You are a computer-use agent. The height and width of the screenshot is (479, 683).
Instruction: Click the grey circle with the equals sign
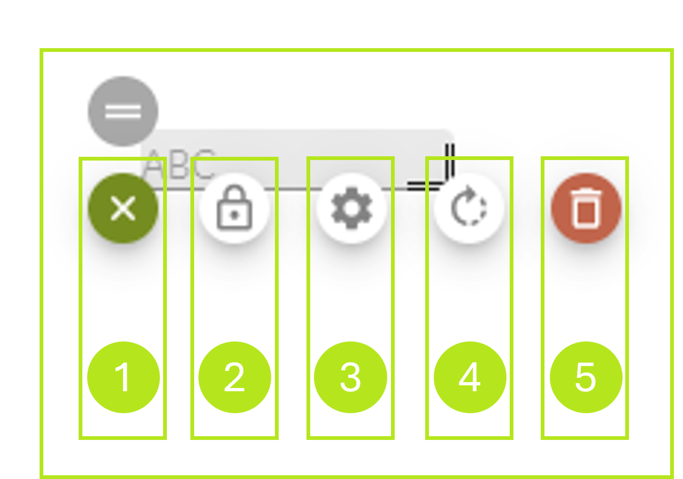(x=123, y=111)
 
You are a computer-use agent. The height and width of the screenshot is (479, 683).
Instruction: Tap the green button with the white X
(x=123, y=208)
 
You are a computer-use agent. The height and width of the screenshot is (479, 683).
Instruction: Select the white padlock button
(x=234, y=208)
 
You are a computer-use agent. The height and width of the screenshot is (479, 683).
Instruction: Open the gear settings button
(x=351, y=208)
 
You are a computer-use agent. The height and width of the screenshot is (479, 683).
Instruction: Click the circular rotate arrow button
(x=469, y=208)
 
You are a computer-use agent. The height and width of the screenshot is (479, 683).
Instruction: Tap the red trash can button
(x=586, y=208)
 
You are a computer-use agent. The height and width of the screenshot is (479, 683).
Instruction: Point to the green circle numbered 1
(x=123, y=377)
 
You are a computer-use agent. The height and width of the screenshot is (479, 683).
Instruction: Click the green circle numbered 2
(x=234, y=377)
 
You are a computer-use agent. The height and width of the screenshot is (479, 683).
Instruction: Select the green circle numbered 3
(x=350, y=377)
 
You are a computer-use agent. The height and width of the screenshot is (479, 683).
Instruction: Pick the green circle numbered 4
(x=470, y=377)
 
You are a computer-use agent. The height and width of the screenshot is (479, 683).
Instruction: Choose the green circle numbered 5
(x=586, y=377)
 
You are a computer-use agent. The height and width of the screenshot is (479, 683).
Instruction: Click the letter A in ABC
(x=156, y=165)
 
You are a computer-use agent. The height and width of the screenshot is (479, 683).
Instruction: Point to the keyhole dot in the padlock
(x=234, y=214)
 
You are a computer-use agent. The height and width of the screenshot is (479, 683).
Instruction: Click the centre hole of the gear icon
(x=351, y=208)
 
